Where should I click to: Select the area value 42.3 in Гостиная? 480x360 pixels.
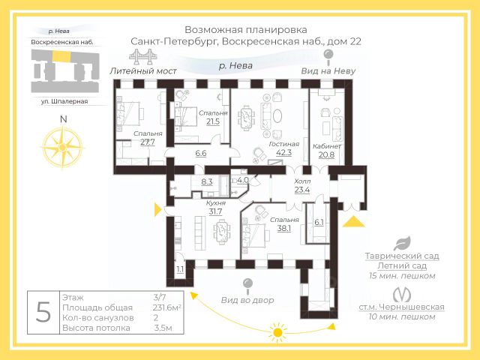(283, 152)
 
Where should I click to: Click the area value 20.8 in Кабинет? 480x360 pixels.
(327, 154)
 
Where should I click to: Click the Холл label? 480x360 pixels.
(302, 181)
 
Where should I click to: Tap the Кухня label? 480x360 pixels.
(216, 202)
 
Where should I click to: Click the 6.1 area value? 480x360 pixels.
(319, 222)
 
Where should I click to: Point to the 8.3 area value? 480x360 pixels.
(208, 181)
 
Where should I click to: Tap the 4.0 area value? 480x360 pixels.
(242, 180)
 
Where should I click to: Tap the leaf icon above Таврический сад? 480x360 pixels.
(403, 243)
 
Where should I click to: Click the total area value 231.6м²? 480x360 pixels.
(163, 307)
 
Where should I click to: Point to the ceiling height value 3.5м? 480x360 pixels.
(163, 328)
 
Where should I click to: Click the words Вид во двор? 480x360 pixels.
(247, 300)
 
